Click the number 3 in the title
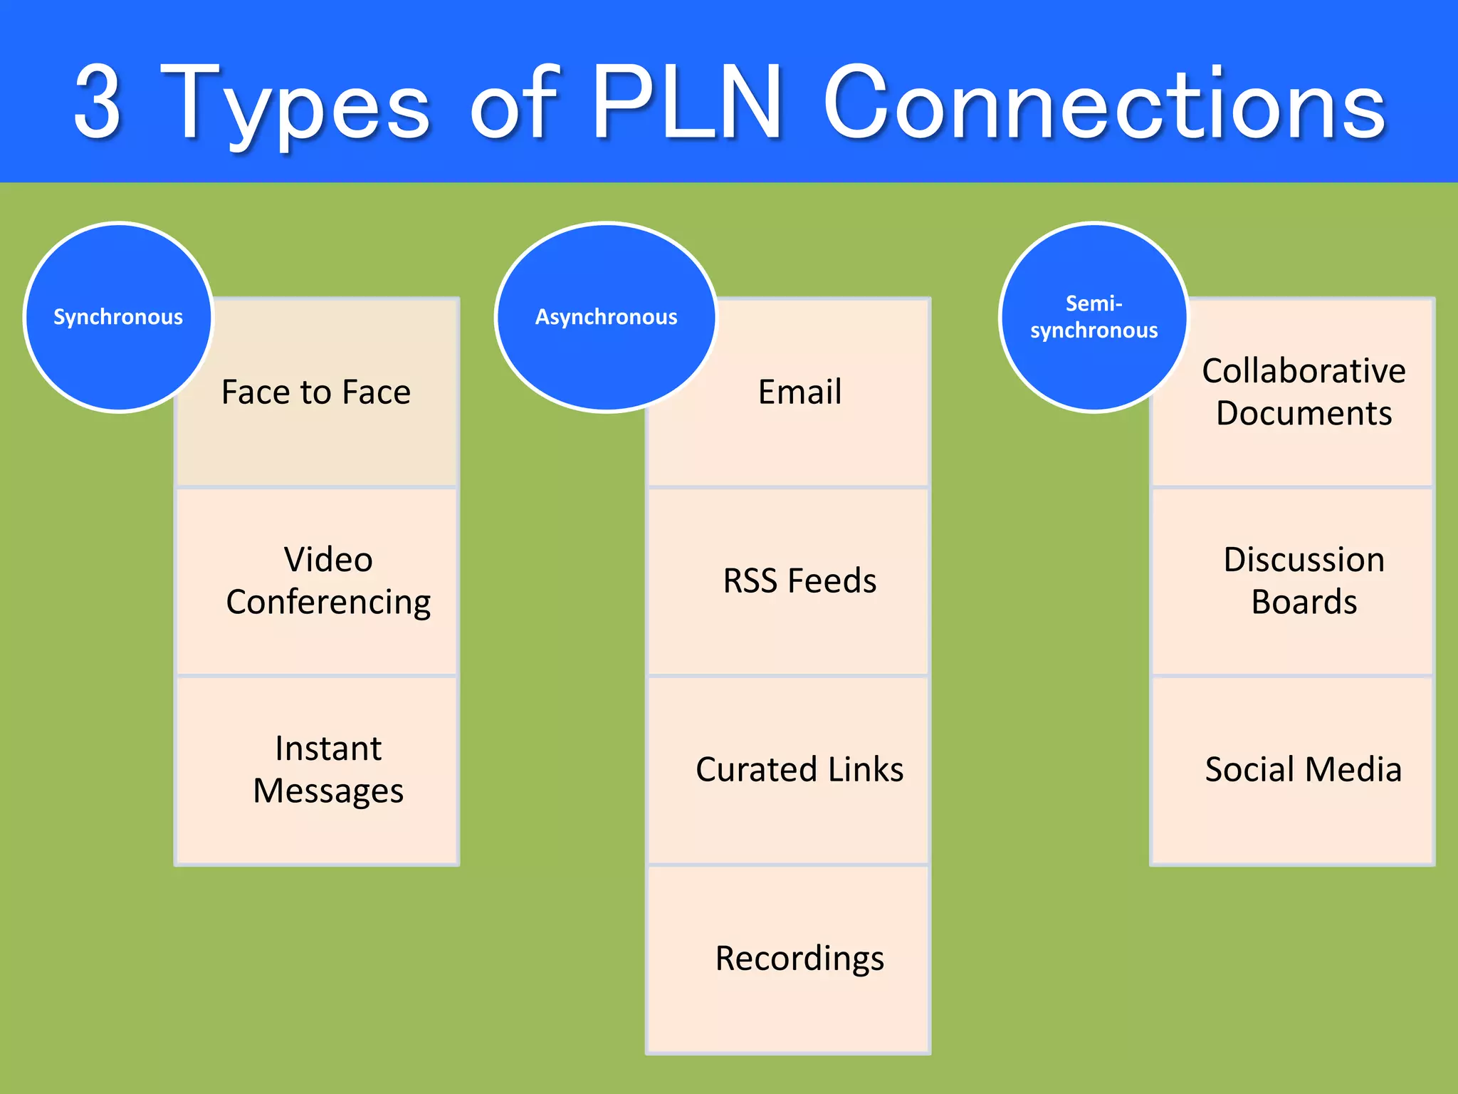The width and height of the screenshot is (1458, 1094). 98,103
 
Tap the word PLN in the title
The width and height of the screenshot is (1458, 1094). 687,103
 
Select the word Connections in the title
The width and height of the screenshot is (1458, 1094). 1103,103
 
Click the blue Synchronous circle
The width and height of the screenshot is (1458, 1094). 118,317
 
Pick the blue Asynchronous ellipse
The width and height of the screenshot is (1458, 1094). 606,317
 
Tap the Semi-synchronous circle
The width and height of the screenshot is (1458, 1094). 1093,317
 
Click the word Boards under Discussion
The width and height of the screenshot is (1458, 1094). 1304,603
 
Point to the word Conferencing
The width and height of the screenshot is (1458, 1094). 327,603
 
